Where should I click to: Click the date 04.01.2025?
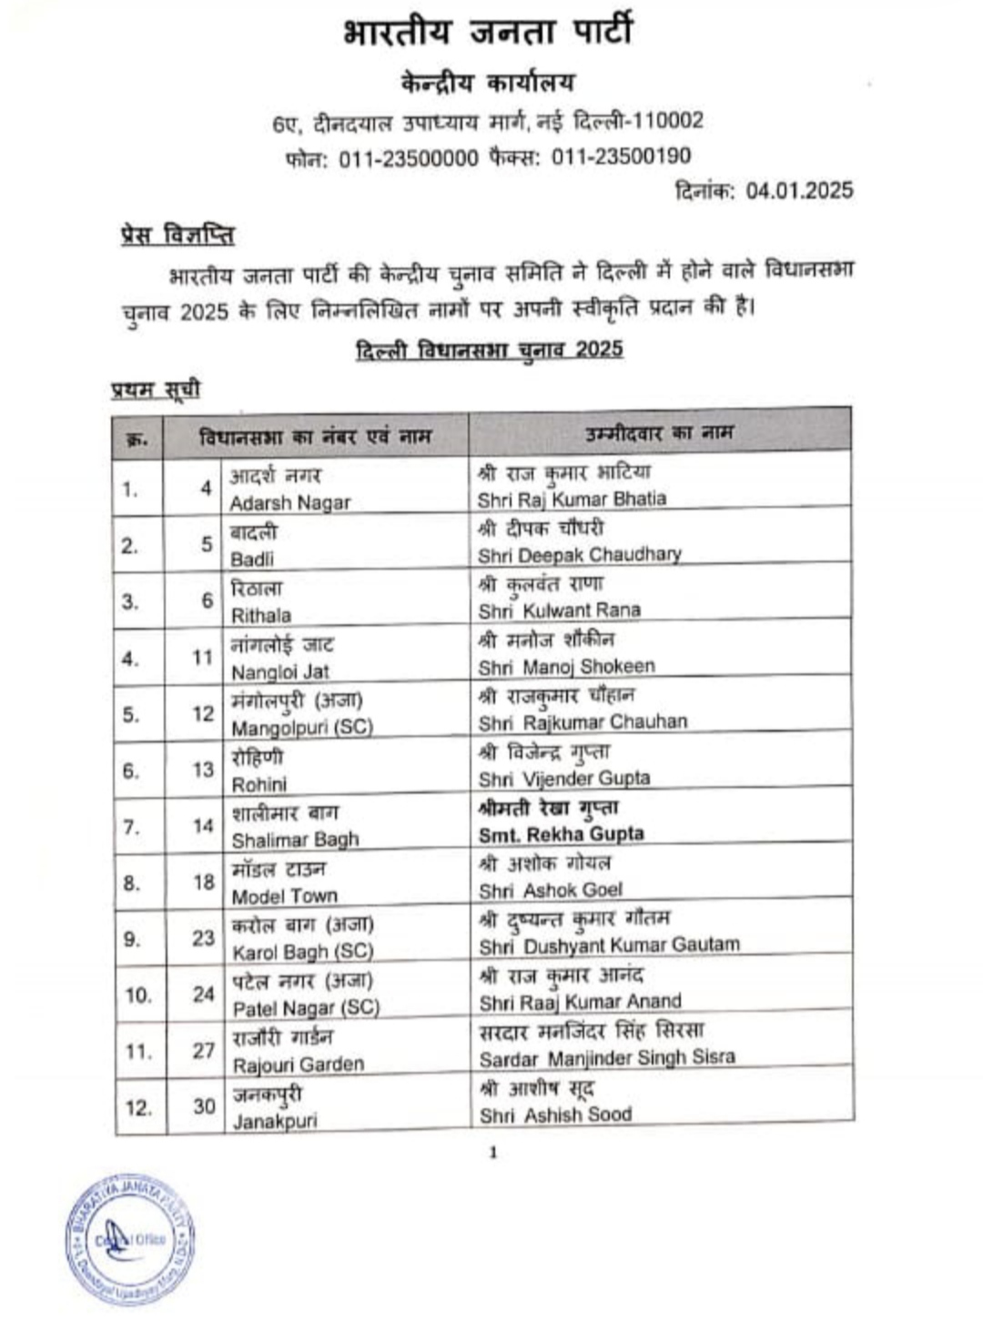(x=799, y=190)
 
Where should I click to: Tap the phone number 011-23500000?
(x=408, y=158)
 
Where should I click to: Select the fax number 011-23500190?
(x=621, y=156)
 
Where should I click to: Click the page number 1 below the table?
(x=493, y=1153)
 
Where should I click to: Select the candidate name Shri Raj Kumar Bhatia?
(x=572, y=499)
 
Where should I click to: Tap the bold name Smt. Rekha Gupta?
(x=562, y=834)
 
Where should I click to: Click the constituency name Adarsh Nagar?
(x=289, y=503)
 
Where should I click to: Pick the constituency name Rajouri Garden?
(x=298, y=1064)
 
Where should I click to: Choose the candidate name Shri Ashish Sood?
(x=555, y=1114)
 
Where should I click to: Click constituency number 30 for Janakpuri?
(x=203, y=1106)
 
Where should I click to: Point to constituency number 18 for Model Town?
(x=203, y=882)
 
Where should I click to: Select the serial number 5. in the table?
(x=131, y=714)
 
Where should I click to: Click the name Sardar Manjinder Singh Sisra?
(x=607, y=1058)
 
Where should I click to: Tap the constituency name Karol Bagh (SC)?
(x=302, y=952)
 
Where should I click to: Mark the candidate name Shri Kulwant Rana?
(x=560, y=610)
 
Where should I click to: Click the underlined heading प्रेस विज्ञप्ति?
(x=177, y=235)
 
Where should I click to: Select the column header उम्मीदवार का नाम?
(x=659, y=433)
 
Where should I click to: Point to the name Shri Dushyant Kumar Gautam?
(x=609, y=946)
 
